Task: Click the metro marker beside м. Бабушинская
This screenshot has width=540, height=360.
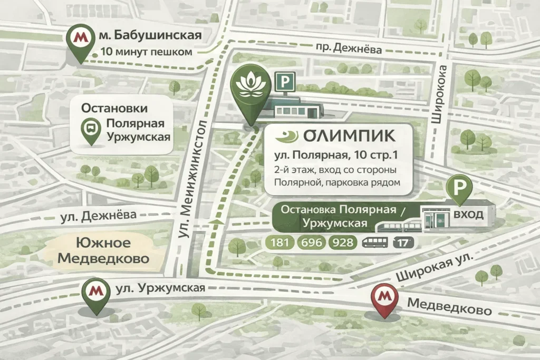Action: pyautogui.click(x=80, y=40)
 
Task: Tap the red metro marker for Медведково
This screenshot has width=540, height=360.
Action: pyautogui.click(x=385, y=298)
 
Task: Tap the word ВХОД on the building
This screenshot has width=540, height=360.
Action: pyautogui.click(x=468, y=215)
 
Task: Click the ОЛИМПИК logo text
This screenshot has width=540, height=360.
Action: pyautogui.click(x=349, y=135)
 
